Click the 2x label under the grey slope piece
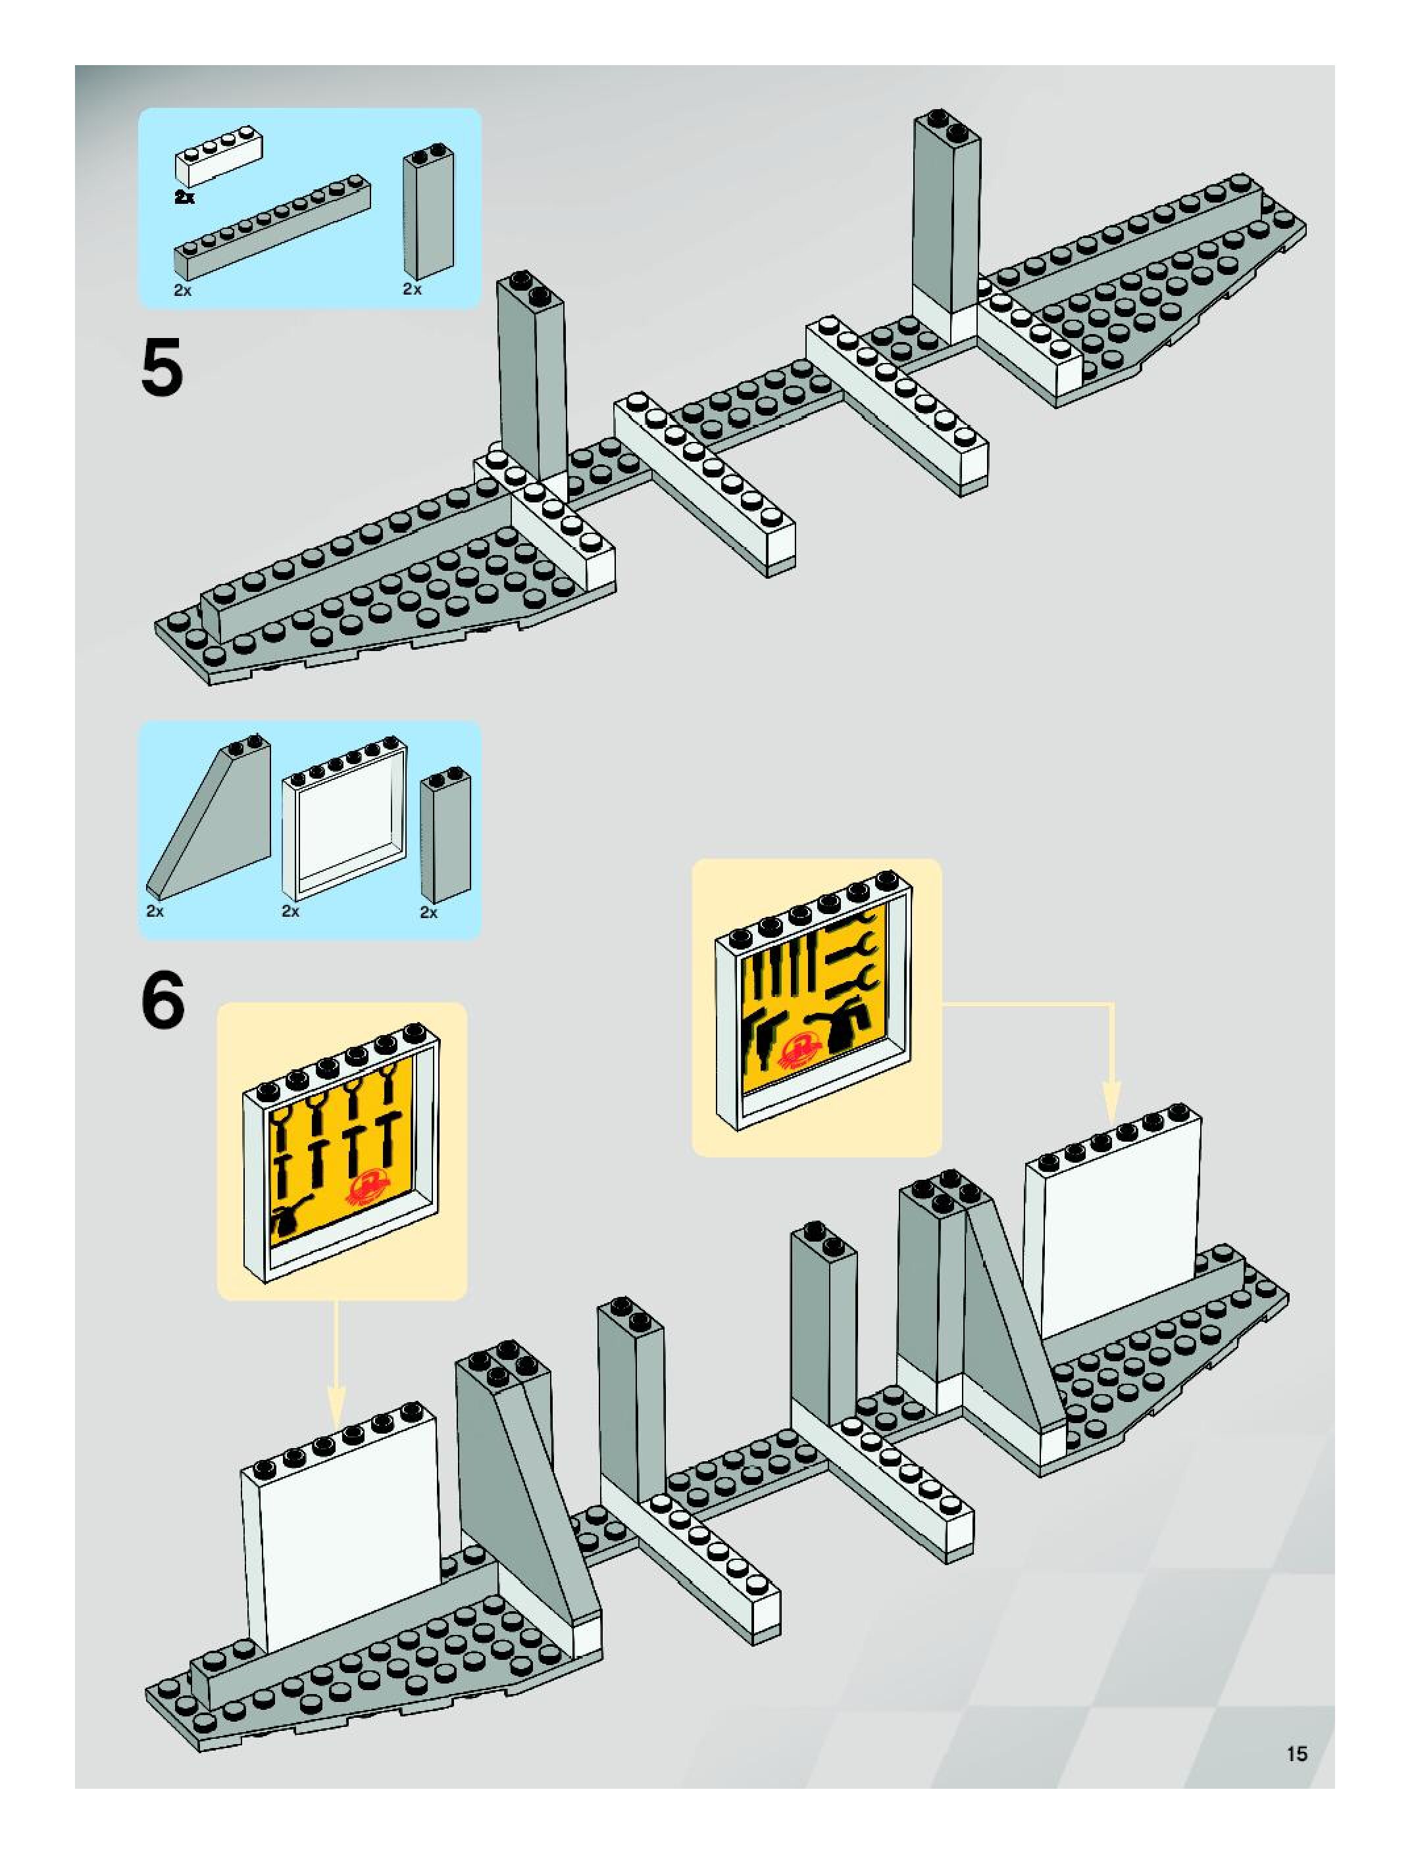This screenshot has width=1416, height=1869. [x=155, y=911]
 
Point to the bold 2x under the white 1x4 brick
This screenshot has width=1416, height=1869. [x=184, y=197]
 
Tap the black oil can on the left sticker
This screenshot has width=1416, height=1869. [x=290, y=1220]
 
